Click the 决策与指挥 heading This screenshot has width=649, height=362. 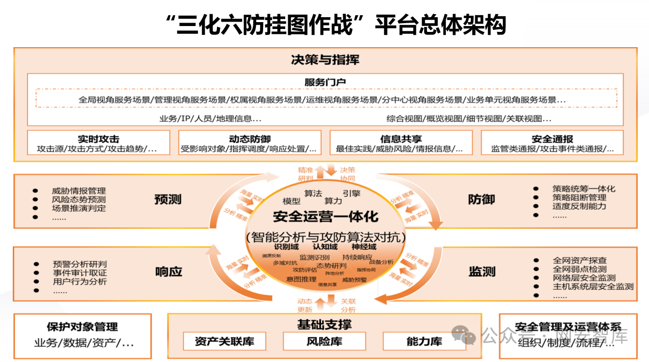point(325,60)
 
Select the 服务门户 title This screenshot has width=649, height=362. point(325,82)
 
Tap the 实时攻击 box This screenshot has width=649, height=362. point(98,143)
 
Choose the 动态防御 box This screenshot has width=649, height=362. point(249,143)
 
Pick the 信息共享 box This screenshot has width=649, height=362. point(401,143)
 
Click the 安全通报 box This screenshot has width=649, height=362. point(552,143)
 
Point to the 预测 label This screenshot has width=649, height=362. point(168,199)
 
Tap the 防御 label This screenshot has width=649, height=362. point(481,199)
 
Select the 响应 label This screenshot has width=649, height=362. point(168,272)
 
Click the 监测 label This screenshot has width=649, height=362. point(482,272)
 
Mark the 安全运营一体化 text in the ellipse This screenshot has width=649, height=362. point(325,217)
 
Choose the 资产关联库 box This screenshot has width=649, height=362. point(224,341)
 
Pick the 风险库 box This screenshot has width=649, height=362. point(324,341)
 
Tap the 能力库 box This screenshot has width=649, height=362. point(424,341)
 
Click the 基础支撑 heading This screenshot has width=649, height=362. point(324,325)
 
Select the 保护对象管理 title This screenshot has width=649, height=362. point(82,327)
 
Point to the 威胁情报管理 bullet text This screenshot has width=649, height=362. point(79,191)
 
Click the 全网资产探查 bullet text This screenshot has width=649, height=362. point(580,260)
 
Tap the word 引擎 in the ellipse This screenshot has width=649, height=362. point(352,194)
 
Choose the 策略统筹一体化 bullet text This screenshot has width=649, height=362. point(583,189)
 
